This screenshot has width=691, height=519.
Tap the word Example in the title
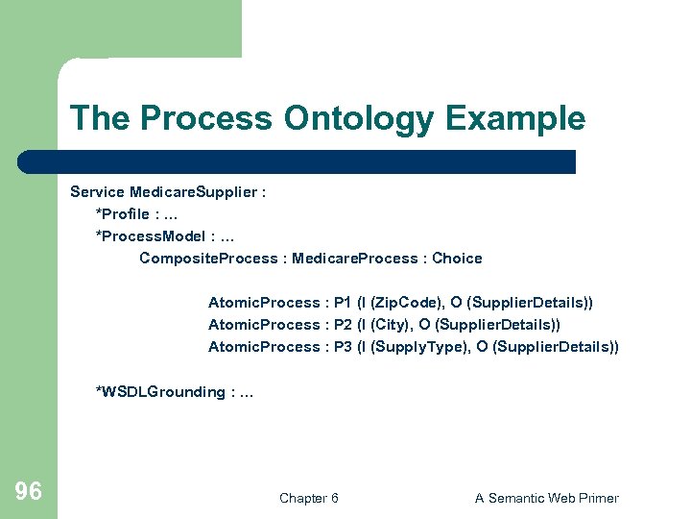pos(515,119)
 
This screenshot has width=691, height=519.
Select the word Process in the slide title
pos(207,119)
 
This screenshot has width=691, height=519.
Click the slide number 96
pos(29,493)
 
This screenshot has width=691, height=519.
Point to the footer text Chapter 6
pos(308,498)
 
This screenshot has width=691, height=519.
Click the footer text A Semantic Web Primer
pos(547,498)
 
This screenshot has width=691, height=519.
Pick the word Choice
pos(457,258)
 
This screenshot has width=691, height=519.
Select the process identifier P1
pos(343,303)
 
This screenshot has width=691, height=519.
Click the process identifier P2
pos(343,325)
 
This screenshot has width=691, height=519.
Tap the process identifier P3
pos(343,347)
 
